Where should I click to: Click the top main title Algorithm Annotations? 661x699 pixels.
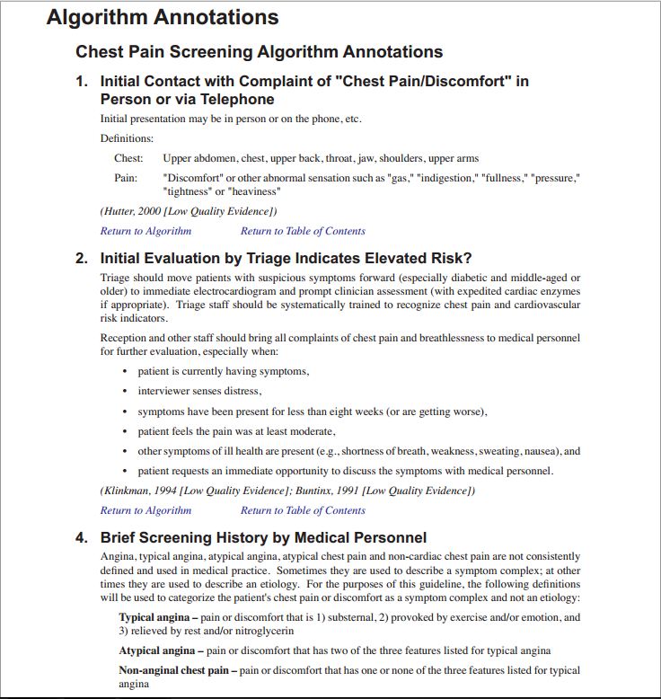[x=163, y=17]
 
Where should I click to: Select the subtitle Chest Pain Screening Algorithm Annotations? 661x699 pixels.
[x=259, y=52]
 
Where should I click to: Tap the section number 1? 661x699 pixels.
[x=82, y=82]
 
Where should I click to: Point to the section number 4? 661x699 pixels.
[x=82, y=538]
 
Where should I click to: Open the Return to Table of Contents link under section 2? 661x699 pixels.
[x=303, y=510]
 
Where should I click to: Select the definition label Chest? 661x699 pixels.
[x=128, y=159]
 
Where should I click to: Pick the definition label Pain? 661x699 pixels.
[x=126, y=178]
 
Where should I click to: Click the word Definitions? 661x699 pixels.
[x=127, y=138]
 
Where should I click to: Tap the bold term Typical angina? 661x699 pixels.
[x=156, y=617]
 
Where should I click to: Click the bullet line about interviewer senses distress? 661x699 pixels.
[x=199, y=391]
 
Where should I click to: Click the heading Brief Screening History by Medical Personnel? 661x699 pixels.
[x=263, y=538]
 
